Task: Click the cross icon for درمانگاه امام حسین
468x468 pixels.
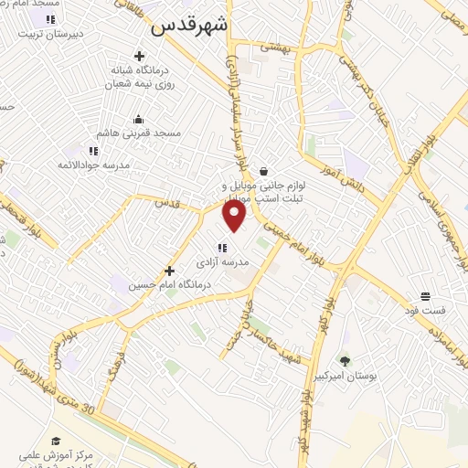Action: pos(169,271)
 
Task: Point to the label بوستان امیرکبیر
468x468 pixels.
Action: pos(346,376)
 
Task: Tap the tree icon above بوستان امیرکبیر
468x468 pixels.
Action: pos(345,361)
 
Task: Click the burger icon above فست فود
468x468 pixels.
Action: pos(425,295)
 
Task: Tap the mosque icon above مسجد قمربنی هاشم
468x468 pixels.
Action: pos(138,118)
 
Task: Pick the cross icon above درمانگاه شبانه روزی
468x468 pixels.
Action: pos(139,55)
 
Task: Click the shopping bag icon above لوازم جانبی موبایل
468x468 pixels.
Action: pos(263,170)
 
